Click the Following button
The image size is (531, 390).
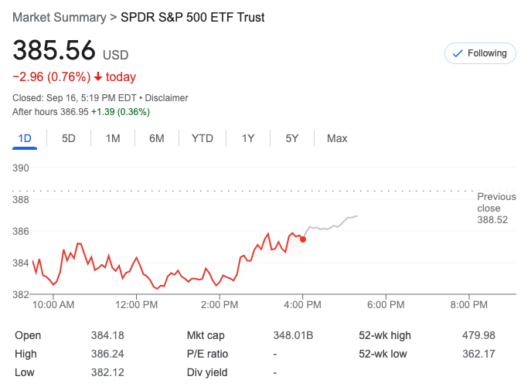click(x=479, y=53)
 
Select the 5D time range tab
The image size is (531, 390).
click(x=69, y=138)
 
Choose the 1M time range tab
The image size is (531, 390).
click(x=113, y=138)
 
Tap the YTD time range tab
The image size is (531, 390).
click(x=202, y=138)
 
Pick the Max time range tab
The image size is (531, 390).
click(x=337, y=138)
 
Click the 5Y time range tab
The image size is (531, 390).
click(x=291, y=138)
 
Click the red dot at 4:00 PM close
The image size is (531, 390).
click(x=302, y=239)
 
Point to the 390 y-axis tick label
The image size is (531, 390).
click(x=21, y=168)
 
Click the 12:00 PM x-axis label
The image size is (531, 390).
click(x=137, y=304)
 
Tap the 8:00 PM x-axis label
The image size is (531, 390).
click(x=468, y=304)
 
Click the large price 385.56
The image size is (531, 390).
click(x=54, y=51)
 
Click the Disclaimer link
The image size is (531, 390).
click(x=167, y=98)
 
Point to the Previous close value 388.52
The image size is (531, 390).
click(x=492, y=220)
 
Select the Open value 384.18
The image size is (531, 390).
click(x=107, y=335)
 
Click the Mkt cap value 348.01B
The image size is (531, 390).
click(x=293, y=335)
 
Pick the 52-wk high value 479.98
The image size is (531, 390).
click(x=478, y=335)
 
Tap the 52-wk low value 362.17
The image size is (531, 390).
click(x=478, y=354)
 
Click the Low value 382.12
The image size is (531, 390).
click(x=107, y=372)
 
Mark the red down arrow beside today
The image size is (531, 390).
click(x=98, y=77)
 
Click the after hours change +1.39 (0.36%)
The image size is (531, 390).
click(x=121, y=112)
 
